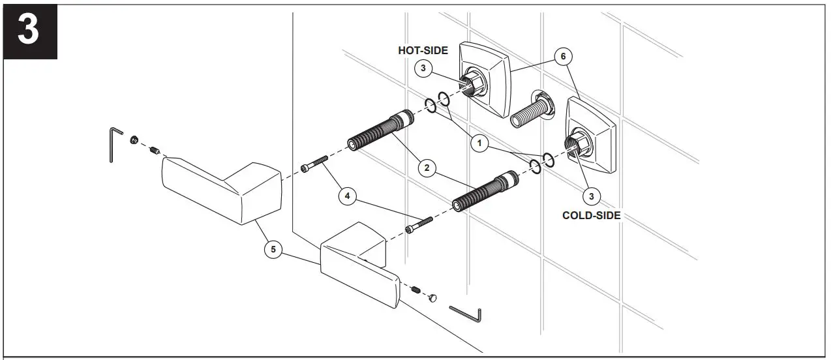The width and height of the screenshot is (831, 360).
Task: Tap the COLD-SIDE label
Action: tap(591, 215)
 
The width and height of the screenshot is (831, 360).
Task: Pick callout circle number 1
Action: tap(479, 144)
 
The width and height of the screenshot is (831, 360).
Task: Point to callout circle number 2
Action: tap(427, 168)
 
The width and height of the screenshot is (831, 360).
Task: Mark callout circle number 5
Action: tap(273, 248)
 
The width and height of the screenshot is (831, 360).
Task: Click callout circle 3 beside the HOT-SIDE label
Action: tap(423, 67)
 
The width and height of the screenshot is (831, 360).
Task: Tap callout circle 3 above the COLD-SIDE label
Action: tap(591, 194)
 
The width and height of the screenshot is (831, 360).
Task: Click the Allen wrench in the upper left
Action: tap(114, 144)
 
